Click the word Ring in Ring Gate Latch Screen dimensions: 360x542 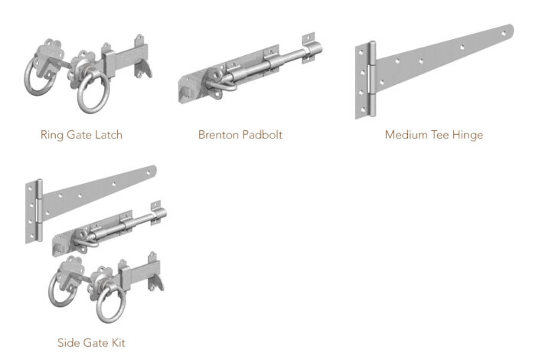(x=51, y=136)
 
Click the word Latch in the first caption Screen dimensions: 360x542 (x=108, y=136)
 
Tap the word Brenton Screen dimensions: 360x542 (x=217, y=136)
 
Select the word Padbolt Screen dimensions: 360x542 (x=261, y=136)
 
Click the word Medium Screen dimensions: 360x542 (x=406, y=136)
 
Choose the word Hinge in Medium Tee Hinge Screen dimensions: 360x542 (x=469, y=136)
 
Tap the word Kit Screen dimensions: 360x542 (x=116, y=342)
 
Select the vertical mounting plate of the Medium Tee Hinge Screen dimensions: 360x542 (x=361, y=80)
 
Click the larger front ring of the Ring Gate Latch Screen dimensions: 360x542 (x=91, y=91)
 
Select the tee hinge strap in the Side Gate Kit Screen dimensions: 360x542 (x=100, y=189)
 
